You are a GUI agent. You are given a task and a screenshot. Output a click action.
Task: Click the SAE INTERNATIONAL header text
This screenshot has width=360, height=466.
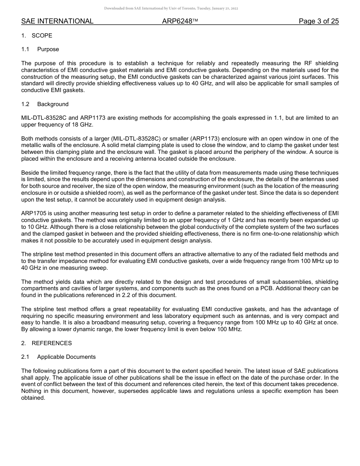(57, 21)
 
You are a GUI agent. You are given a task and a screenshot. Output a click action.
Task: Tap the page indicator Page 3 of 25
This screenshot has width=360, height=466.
(319, 21)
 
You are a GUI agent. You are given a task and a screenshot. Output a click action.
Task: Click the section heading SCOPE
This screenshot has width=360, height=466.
(42, 36)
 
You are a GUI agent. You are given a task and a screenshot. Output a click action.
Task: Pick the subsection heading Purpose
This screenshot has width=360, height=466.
(48, 49)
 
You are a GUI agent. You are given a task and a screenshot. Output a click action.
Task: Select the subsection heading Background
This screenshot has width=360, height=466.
(53, 104)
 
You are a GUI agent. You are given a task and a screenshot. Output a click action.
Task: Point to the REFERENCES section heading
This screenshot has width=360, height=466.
(52, 343)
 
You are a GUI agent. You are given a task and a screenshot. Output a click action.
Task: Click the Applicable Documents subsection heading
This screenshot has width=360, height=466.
(66, 357)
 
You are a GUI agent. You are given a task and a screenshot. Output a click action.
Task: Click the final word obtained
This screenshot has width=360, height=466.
(33, 398)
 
